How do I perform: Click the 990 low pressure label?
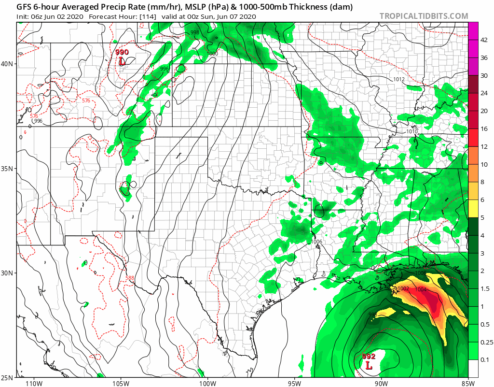[122, 52]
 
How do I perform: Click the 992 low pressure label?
[369, 357]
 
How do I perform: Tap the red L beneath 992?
[369, 366]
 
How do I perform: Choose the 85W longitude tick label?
[467, 383]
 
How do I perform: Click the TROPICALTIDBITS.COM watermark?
[424, 16]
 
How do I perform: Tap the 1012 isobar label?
[399, 79]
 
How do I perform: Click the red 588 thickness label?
[130, 278]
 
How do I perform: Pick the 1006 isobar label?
[316, 242]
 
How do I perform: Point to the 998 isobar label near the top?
[195, 32]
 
